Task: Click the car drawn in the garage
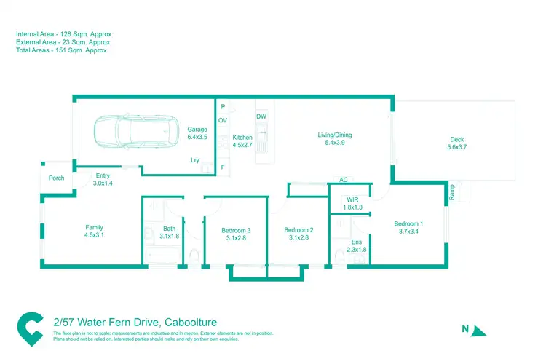pos(135,132)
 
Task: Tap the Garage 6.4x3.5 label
pos(197,133)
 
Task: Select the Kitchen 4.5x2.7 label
pos(242,141)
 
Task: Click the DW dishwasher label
pos(261,116)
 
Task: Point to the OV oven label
pos(223,120)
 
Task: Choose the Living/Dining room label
pos(334,139)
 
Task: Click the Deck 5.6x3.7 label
pos(456,143)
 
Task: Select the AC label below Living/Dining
pos(343,180)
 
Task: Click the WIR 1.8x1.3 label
pos(352,204)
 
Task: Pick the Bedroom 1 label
pos(408,228)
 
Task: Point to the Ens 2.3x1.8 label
pos(356,246)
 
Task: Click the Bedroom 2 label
pos(298,234)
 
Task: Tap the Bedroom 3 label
pos(236,234)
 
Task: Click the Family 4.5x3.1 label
pos(95,232)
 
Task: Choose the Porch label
pos(56,178)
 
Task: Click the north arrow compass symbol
pos(478,331)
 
